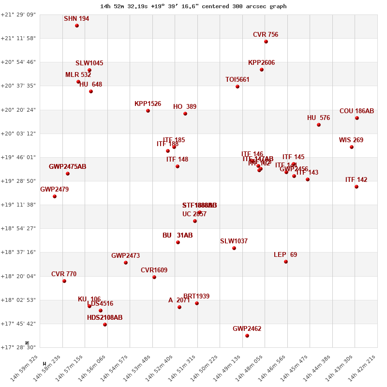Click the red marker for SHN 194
[x=77, y=26]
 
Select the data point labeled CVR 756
[x=266, y=42]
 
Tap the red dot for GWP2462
[x=247, y=336]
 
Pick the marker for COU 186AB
[x=357, y=118]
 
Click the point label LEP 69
[x=285, y=255]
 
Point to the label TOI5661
[x=238, y=80]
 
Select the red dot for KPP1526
[x=148, y=111]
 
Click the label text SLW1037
[x=234, y=241]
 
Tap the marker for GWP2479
[x=55, y=196]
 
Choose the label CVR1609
[x=154, y=270]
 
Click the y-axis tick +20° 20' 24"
[x=18, y=110]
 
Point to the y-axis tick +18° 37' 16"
[x=18, y=252]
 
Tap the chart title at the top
[x=193, y=6]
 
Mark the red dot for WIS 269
[x=352, y=147]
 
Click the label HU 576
[x=318, y=118]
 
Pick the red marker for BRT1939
[x=197, y=303]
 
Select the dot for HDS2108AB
[x=105, y=325]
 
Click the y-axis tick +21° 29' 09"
[x=18, y=15]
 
